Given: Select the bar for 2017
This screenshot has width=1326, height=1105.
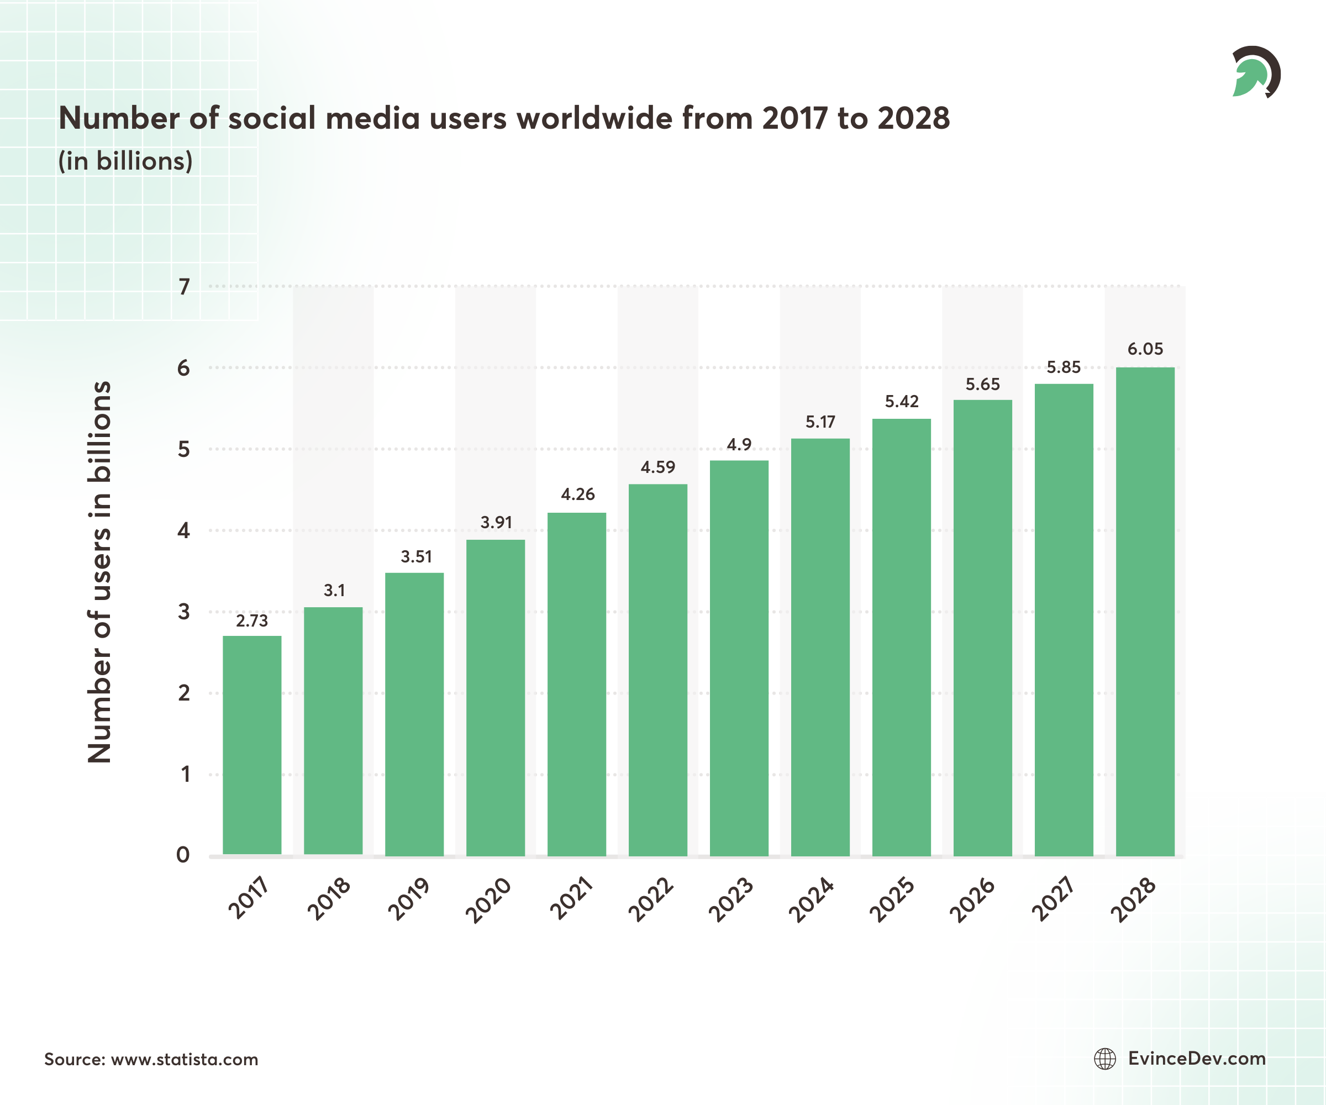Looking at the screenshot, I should [x=252, y=745].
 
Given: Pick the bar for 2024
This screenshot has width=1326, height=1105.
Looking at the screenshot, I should [x=820, y=646].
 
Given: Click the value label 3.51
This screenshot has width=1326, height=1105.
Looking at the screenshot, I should [x=416, y=557].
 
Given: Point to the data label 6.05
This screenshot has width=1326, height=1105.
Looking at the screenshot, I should [x=1145, y=349].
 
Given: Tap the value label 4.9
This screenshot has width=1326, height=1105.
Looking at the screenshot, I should [x=739, y=445].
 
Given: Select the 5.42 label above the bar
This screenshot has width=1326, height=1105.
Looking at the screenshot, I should [x=901, y=402].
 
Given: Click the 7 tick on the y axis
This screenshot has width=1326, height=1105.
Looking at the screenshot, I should [x=184, y=287].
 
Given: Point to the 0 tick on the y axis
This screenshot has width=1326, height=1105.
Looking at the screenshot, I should [x=183, y=854].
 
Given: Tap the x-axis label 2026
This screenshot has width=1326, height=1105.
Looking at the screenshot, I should [x=972, y=900].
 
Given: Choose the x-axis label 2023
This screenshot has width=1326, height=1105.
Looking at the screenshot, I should [x=731, y=900].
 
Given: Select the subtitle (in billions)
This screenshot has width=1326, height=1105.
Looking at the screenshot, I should [x=125, y=161].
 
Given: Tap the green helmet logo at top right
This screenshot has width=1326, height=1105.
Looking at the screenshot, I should [x=1255, y=72].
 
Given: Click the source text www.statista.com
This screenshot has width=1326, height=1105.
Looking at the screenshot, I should [x=185, y=1059].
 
